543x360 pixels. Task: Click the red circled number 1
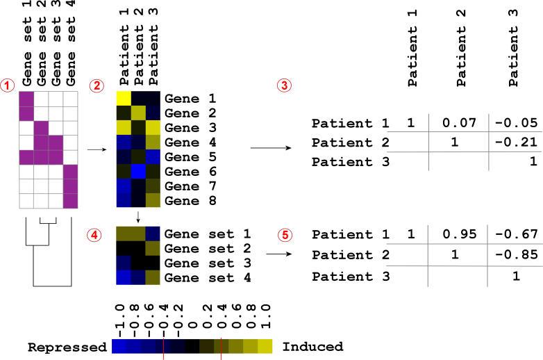pyautogui.click(x=8, y=85)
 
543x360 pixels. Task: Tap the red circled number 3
pyautogui.click(x=284, y=85)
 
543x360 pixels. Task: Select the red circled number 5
pyautogui.click(x=285, y=236)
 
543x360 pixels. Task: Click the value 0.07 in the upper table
pyautogui.click(x=459, y=123)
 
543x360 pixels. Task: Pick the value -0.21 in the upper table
pyautogui.click(x=517, y=142)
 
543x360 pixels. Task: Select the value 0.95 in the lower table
pyautogui.click(x=460, y=234)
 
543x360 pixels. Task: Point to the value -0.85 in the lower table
pyautogui.click(x=517, y=254)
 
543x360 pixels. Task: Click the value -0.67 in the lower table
pyautogui.click(x=517, y=234)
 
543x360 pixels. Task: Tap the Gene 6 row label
pyautogui.click(x=190, y=172)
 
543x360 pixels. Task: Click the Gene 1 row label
pyautogui.click(x=190, y=99)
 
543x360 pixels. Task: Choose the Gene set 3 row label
pyautogui.click(x=208, y=263)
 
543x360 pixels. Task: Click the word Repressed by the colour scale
pyautogui.click(x=67, y=347)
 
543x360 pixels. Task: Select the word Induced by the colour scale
pyautogui.click(x=313, y=347)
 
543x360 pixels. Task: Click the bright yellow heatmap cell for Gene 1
pyautogui.click(x=124, y=99)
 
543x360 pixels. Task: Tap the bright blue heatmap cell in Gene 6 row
pyautogui.click(x=138, y=172)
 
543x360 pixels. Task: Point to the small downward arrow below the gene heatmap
pyautogui.click(x=138, y=217)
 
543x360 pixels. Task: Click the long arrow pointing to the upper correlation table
pyautogui.click(x=271, y=148)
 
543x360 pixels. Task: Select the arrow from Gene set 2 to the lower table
pyautogui.click(x=278, y=254)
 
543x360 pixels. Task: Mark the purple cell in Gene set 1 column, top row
pyautogui.click(x=26, y=99)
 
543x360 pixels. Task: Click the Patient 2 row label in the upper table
pyautogui.click(x=351, y=142)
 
